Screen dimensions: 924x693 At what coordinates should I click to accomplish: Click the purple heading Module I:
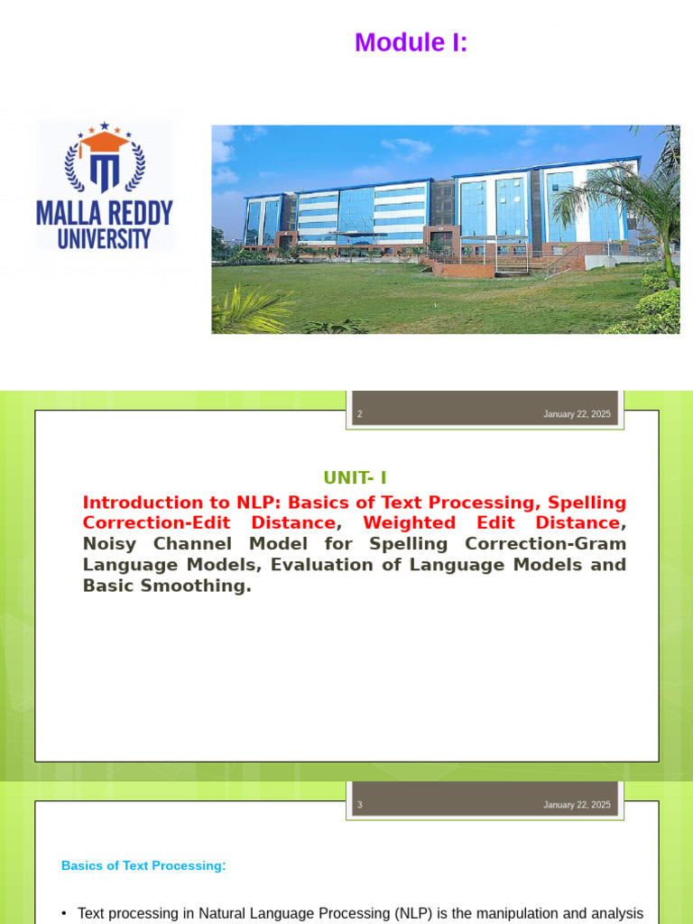click(411, 42)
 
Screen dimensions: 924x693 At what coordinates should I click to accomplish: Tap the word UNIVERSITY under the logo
click(105, 238)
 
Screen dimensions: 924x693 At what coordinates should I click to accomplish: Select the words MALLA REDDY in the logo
click(105, 213)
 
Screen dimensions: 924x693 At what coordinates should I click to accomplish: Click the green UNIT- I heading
click(355, 478)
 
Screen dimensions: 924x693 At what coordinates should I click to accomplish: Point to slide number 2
click(360, 414)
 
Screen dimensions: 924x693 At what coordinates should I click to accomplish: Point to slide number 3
click(360, 805)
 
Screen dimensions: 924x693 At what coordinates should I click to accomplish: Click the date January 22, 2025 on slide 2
click(577, 414)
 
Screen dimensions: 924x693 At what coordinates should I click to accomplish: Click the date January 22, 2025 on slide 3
click(577, 805)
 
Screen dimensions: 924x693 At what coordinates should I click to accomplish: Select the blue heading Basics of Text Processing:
click(143, 865)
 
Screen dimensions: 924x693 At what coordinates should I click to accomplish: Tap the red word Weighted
click(409, 523)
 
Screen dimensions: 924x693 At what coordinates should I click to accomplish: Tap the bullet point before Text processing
click(65, 913)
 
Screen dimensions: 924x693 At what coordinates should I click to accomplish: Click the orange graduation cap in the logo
click(105, 140)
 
